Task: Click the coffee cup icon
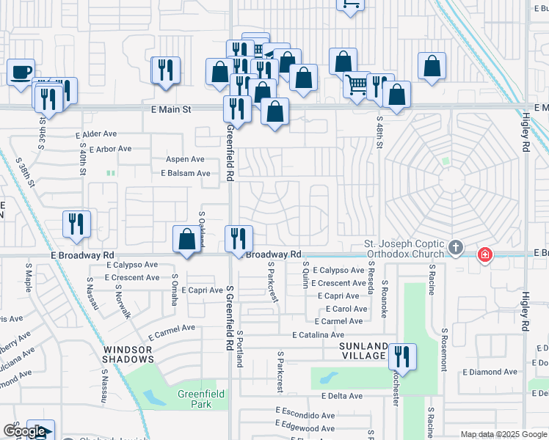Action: click(21, 73)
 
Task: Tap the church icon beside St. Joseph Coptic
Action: click(455, 247)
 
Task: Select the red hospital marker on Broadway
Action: click(484, 255)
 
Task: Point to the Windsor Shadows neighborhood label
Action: click(128, 353)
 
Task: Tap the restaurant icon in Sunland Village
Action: click(401, 357)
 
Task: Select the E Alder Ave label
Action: click(91, 134)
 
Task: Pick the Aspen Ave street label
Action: click(185, 159)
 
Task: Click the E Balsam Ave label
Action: click(186, 174)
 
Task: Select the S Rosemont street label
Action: click(444, 350)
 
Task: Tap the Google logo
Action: click(24, 432)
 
